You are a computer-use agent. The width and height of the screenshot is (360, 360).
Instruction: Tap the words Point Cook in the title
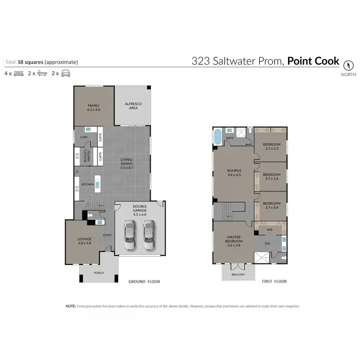[313, 61]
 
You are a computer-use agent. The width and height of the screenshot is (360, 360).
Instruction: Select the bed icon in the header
[19, 73]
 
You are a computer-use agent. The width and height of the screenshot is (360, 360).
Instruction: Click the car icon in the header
[66, 73]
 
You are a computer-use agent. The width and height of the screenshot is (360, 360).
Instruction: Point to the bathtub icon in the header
[42, 73]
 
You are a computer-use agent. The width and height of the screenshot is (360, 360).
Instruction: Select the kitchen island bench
[97, 183]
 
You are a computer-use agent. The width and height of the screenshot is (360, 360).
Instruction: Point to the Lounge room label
[84, 240]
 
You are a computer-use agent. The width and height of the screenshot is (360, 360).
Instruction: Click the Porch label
[98, 273]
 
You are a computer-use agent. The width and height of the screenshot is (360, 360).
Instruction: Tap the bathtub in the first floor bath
[217, 137]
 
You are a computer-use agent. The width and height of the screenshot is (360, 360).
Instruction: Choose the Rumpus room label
[234, 172]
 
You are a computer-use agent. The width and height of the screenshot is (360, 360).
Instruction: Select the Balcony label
[238, 275]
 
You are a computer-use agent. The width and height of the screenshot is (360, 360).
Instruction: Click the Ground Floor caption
[144, 281]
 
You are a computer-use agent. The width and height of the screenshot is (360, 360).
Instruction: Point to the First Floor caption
[275, 281]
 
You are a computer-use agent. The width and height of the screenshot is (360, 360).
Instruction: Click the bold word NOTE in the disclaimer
[70, 306]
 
